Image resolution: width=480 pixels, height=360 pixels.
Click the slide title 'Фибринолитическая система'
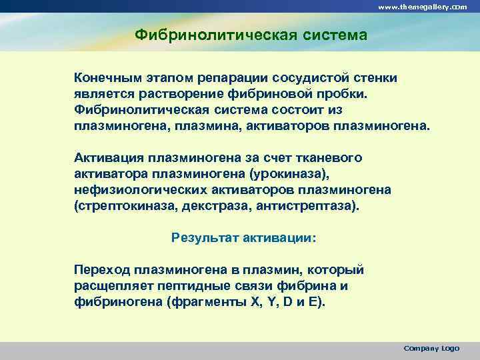coord(251,34)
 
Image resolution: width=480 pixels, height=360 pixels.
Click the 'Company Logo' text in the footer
coord(431,348)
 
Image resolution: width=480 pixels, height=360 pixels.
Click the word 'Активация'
coord(109,158)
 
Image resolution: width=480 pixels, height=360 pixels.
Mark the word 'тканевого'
coord(330,158)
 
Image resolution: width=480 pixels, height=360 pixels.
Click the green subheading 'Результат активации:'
coord(244,237)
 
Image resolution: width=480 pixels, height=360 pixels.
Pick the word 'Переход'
coord(102,270)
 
